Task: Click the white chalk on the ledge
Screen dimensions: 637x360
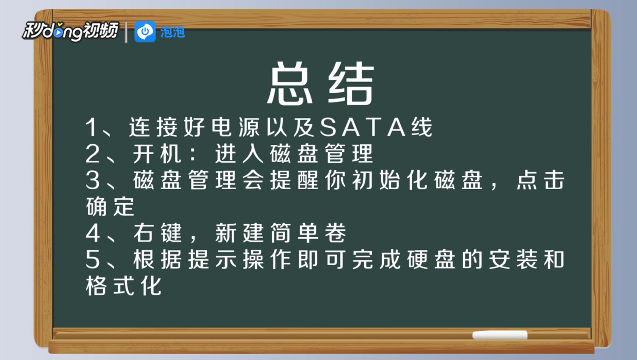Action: (500, 335)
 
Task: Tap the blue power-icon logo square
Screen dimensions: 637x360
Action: (145, 32)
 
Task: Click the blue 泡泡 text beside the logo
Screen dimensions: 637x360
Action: (173, 32)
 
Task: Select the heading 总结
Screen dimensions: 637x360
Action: (320, 83)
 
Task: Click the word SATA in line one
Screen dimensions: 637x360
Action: (362, 127)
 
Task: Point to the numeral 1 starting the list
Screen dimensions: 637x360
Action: (92, 127)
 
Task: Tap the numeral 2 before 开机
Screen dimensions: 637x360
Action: (93, 153)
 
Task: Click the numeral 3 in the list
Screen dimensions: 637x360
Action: (93, 180)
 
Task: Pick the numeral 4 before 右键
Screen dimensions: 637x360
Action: (93, 233)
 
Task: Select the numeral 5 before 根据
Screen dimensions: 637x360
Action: (93, 259)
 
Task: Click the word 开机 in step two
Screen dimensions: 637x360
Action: (157, 153)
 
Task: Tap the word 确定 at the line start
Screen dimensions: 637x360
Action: (110, 207)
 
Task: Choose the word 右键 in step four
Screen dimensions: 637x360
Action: (157, 233)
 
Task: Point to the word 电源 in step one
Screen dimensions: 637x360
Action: (235, 127)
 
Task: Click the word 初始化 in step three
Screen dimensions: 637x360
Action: (390, 180)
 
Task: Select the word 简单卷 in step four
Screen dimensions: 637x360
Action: (308, 233)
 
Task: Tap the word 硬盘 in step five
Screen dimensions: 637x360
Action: (431, 259)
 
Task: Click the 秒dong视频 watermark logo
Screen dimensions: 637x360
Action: (71, 31)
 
